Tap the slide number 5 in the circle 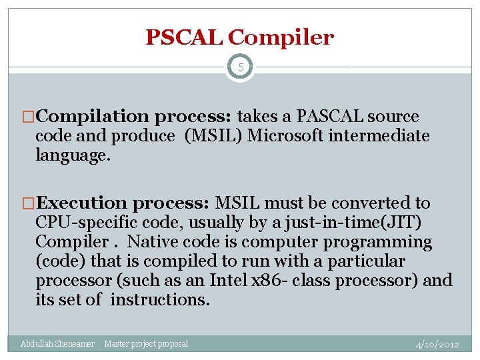coord(240,68)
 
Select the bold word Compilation coord(93,117)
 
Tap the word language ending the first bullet coord(71,156)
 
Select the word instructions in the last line coord(159,300)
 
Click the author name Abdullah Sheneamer coord(57,344)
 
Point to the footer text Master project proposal coord(146,344)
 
